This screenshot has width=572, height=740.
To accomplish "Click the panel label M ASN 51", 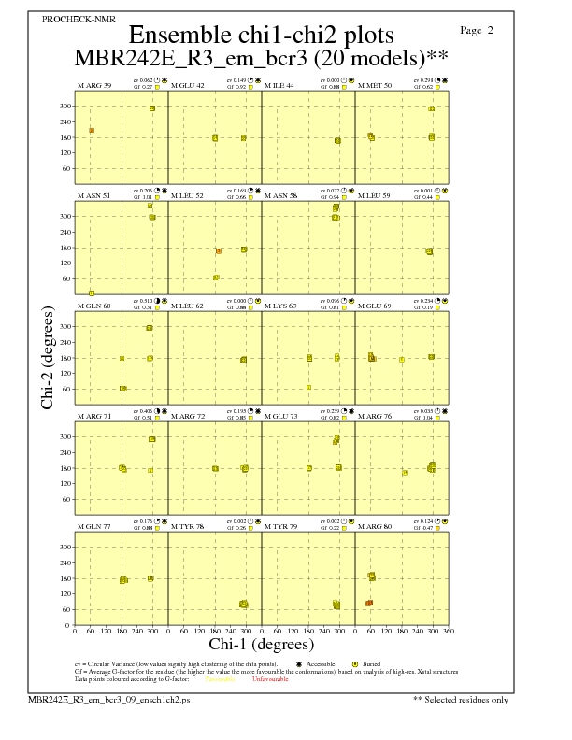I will pos(94,196).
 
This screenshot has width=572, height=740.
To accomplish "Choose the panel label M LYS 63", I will pos(280,306).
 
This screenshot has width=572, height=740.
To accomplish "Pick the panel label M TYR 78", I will pos(187,527).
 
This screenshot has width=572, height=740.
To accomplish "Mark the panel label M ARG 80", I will pos(375,527).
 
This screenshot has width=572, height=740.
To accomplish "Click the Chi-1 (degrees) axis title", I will pos(261,644).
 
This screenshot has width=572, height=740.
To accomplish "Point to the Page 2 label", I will pos(478,31).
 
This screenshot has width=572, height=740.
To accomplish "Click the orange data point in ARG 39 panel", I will pos(92,130).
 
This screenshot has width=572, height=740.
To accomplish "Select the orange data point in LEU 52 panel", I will pos(218,251).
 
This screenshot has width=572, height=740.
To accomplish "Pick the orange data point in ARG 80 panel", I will pos(369,604).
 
